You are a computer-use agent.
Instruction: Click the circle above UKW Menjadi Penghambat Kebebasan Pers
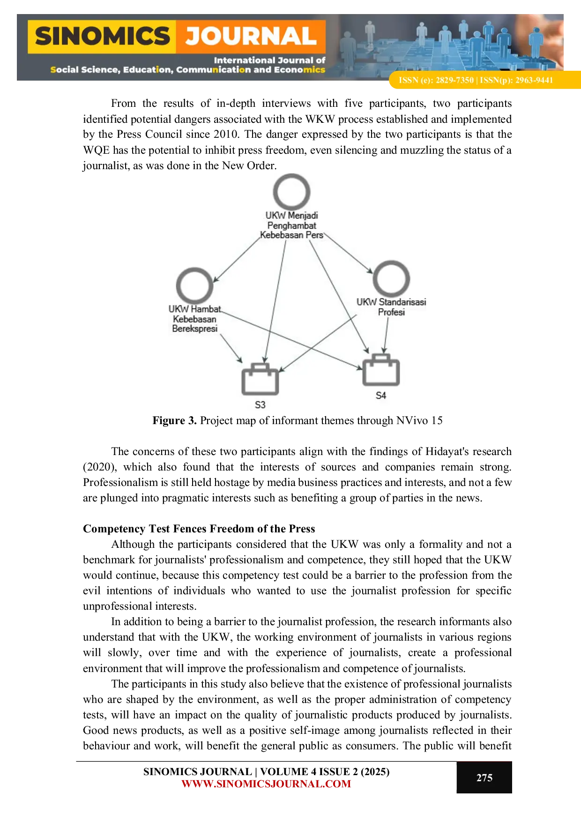coord(291,192)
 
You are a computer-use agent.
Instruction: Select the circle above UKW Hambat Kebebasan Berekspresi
coord(194,285)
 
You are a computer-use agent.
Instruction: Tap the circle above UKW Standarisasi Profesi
coord(391,279)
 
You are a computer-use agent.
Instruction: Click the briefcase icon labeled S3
coord(260,379)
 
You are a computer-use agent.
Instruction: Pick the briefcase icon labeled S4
coord(381,370)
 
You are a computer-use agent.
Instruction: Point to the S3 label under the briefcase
coord(260,404)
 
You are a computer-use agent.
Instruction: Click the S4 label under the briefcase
coord(381,396)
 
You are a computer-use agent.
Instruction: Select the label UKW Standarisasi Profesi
coord(391,307)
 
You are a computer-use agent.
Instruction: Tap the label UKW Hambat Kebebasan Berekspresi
coord(194,319)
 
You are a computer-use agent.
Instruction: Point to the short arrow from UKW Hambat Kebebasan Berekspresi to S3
coord(231,349)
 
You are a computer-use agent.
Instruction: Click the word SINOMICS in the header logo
coord(102,37)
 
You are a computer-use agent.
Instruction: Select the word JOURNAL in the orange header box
coord(251,37)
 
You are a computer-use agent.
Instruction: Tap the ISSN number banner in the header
coord(476,80)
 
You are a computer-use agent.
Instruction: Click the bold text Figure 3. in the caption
coord(174,420)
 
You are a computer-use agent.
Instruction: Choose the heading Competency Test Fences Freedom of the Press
coord(199,529)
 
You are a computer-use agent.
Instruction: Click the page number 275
coord(484,777)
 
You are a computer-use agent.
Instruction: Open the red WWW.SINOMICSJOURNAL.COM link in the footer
coord(266,784)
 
